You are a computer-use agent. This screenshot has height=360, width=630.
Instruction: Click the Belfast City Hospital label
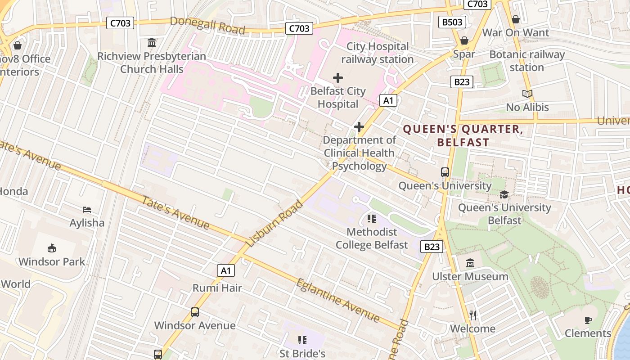point(338,98)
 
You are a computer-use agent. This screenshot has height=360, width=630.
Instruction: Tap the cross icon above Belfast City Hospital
point(338,78)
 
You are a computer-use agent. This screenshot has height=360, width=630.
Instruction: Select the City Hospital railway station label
point(377,53)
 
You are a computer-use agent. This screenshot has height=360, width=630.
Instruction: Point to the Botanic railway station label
point(527,61)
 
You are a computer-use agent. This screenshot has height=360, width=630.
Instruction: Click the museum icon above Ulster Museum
point(470,263)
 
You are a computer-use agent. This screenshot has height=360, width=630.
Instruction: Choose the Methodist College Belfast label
point(372,238)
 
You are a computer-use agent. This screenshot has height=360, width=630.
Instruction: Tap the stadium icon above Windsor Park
point(52,248)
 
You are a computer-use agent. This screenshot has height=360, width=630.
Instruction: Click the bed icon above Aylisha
point(87,210)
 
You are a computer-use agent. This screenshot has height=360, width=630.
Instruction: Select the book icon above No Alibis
point(527,94)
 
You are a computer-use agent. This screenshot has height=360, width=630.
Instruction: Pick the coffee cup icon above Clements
point(588,320)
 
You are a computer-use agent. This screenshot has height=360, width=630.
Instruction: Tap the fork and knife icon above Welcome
point(472,315)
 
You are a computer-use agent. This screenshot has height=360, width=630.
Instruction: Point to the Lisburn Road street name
point(275,223)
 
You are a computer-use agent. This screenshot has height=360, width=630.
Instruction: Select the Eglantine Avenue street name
point(338,300)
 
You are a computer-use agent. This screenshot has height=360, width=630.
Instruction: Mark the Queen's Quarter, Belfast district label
point(463,136)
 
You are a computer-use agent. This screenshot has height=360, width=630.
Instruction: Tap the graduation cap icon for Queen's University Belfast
point(504,194)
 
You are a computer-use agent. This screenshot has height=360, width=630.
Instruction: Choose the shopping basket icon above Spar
point(464,41)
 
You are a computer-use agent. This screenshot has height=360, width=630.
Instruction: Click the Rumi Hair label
point(217,288)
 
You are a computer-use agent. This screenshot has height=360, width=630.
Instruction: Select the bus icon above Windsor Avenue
point(195,312)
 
